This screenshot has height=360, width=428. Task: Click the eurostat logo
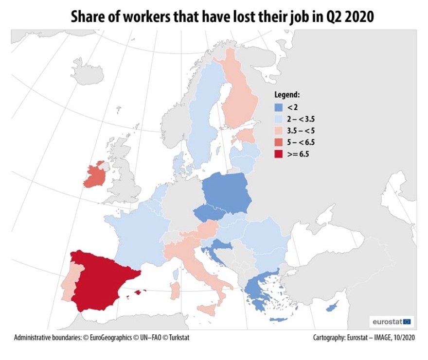pyautogui.click(x=392, y=321)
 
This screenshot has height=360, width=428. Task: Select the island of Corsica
pyautogui.click(x=176, y=274)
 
